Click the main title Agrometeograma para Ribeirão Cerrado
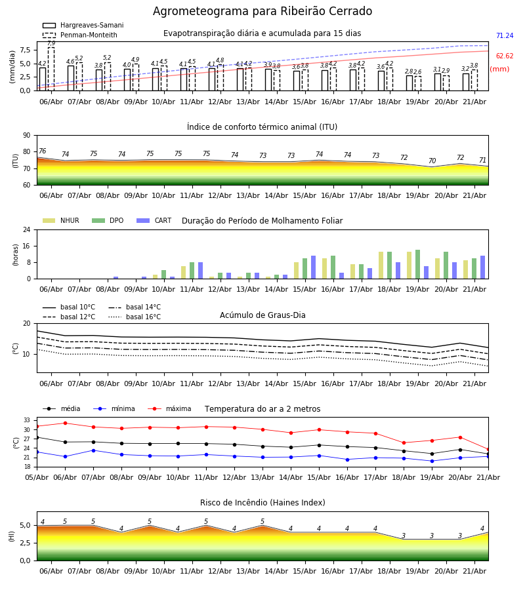[x=262, y=11]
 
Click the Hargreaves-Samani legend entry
[x=83, y=25]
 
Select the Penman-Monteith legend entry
[x=80, y=35]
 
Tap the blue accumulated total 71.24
[x=505, y=36]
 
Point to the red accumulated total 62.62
[x=505, y=56]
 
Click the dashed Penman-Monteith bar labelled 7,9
[x=51, y=69]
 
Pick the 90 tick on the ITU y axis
[x=26, y=136]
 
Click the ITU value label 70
[x=432, y=161]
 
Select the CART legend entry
[x=154, y=220]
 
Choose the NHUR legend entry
[x=61, y=220]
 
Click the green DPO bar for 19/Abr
[x=417, y=264]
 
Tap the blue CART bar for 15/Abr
[x=313, y=267]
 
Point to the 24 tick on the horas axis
[x=26, y=229]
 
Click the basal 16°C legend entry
[x=135, y=317]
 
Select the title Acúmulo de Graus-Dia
[x=262, y=315]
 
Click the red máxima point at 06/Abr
[x=65, y=423]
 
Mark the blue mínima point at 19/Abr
[x=432, y=461]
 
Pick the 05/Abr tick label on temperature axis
[x=37, y=477]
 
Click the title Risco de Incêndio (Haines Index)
[x=262, y=503]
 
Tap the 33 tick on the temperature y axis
[x=26, y=420]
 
